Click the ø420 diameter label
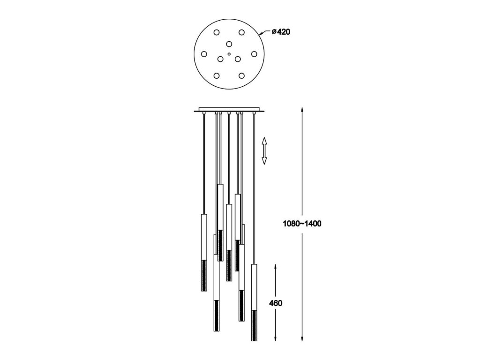(281, 32)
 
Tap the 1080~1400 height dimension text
(302, 224)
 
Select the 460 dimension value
(276, 303)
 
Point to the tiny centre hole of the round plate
(229, 54)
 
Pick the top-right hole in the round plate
(241, 32)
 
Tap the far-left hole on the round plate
(204, 54)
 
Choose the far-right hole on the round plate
(254, 54)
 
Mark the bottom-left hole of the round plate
(217, 75)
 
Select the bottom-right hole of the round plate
(241, 75)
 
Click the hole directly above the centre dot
(229, 44)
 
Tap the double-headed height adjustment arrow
(264, 150)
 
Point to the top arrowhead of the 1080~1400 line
(302, 109)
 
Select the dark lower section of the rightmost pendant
(254, 325)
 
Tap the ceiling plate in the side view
(229, 110)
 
